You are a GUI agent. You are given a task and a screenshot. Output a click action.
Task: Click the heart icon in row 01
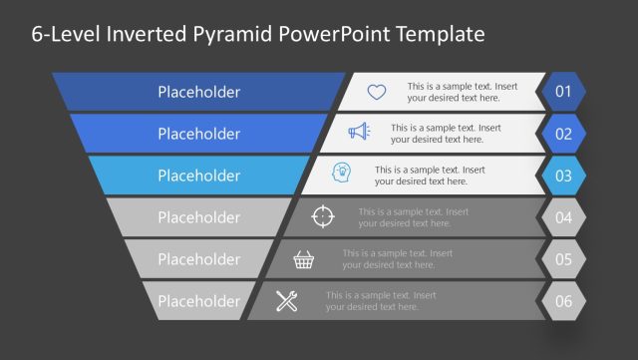(x=376, y=92)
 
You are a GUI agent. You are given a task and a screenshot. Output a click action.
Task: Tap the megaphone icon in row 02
(x=359, y=133)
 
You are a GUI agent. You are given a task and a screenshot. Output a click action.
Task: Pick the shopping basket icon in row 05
(x=305, y=259)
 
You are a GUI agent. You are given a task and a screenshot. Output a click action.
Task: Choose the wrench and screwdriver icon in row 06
(x=287, y=300)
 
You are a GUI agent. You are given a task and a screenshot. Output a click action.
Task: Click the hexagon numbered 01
(x=563, y=92)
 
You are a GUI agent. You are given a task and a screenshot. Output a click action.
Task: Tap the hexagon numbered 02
(x=563, y=134)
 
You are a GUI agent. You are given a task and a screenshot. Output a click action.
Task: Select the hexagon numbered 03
(x=563, y=176)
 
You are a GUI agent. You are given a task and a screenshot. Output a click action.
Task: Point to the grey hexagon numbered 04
(x=563, y=217)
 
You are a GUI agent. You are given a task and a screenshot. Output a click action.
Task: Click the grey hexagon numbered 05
(x=563, y=259)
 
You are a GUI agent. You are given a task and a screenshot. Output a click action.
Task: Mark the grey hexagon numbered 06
(x=563, y=301)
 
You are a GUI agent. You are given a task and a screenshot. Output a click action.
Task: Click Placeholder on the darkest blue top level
(x=198, y=92)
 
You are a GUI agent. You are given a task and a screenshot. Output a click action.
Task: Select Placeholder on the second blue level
(x=198, y=134)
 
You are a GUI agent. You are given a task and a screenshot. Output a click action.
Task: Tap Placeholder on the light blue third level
(x=198, y=176)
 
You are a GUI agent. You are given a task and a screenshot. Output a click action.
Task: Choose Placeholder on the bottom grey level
(x=198, y=301)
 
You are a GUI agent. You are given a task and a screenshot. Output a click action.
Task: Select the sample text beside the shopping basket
(x=390, y=259)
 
